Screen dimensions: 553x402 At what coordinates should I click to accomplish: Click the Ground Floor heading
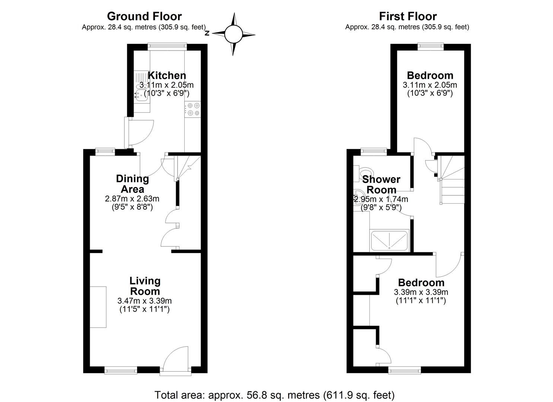tap(144, 16)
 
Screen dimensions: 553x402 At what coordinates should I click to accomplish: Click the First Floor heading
tap(408, 16)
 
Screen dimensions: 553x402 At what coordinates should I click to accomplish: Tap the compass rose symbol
tap(233, 34)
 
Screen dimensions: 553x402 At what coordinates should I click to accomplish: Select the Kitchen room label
tap(166, 75)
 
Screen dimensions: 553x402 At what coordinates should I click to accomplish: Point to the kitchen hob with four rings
tap(193, 109)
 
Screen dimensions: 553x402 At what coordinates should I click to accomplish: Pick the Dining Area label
tap(132, 184)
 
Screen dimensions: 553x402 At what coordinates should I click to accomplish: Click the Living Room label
tap(145, 286)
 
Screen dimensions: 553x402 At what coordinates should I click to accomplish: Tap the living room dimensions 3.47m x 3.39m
tap(144, 301)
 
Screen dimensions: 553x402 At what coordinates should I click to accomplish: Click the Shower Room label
tap(381, 185)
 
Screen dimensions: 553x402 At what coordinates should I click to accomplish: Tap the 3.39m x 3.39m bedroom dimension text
tap(421, 292)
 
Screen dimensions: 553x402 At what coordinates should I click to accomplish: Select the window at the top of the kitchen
tap(167, 46)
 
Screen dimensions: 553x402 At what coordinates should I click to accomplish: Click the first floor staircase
tap(451, 179)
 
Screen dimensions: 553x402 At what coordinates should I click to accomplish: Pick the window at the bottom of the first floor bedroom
tap(404, 370)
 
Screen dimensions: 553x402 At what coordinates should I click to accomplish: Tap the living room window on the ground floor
tap(121, 370)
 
